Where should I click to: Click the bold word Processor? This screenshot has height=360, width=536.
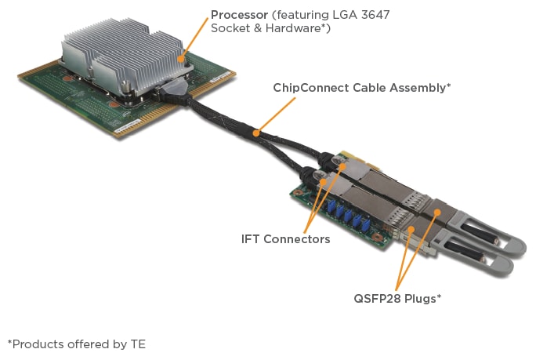click(238, 15)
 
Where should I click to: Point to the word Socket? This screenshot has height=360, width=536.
click(230, 29)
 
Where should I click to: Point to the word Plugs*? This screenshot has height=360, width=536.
click(421, 299)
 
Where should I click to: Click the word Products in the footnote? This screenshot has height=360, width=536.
click(36, 344)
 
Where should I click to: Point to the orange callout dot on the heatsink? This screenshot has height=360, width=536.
click(180, 57)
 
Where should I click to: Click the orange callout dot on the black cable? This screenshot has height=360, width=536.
click(255, 134)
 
